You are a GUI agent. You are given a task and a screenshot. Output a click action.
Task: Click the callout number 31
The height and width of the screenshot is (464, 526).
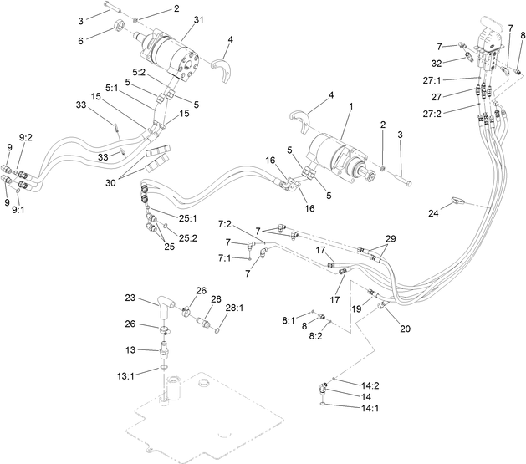pos(198,20)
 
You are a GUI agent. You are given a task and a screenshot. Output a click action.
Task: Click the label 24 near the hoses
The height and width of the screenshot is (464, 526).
pos(434,212)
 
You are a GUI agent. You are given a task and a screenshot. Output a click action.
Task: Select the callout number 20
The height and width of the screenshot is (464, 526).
pos(406,329)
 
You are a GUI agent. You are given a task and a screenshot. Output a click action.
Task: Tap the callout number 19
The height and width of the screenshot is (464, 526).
pos(355,309)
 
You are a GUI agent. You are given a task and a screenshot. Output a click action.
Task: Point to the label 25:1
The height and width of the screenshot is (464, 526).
pos(187,218)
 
